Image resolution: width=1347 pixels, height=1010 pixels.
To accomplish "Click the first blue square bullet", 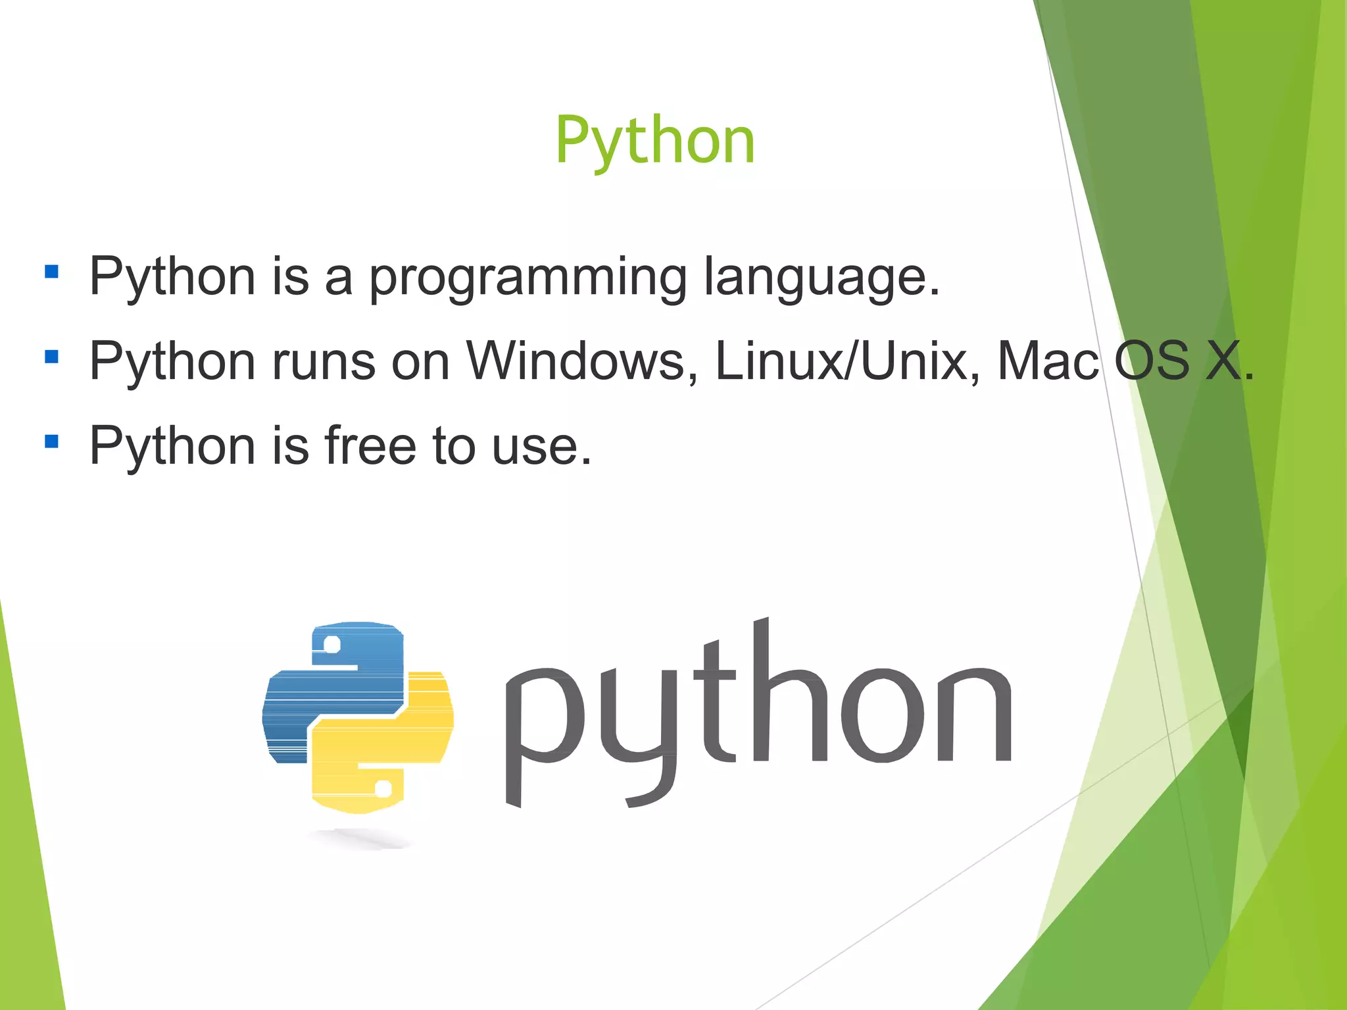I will point(51,272).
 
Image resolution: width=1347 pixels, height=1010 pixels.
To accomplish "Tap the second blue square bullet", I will point(51,357).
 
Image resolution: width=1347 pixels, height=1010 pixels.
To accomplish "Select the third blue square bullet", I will point(51,441).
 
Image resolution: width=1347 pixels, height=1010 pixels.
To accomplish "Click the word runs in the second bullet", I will point(323,362).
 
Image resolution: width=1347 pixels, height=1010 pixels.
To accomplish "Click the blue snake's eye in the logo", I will point(332,644).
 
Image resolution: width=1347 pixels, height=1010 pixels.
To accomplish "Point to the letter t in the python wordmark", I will point(718,697).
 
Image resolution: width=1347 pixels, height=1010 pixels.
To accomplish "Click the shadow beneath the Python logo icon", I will point(358,838).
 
